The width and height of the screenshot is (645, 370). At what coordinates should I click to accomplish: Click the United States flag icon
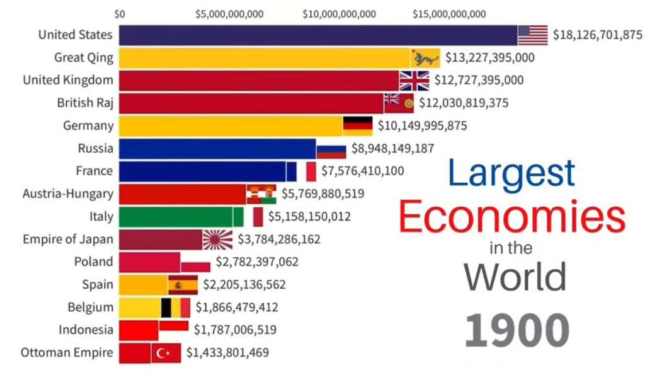click(532, 35)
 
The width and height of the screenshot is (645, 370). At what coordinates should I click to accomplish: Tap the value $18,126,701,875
click(597, 35)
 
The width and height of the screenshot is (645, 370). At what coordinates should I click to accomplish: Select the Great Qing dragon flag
click(425, 58)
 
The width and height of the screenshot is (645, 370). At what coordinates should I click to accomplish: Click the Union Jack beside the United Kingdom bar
click(414, 81)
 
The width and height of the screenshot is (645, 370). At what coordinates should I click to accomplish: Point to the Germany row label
click(88, 125)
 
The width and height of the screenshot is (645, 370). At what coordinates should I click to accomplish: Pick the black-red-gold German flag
click(357, 125)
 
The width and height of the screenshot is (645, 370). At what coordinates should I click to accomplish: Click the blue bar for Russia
click(217, 149)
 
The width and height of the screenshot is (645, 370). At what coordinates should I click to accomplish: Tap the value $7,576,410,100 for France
click(362, 171)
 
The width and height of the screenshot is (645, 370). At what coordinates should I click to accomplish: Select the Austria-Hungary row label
click(68, 194)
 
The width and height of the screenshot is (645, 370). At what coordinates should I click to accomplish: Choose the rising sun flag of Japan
click(217, 240)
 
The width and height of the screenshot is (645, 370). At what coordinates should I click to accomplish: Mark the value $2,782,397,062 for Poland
click(257, 262)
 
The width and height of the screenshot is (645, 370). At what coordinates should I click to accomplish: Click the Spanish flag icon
click(183, 285)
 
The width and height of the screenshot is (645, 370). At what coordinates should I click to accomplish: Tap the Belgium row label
click(91, 308)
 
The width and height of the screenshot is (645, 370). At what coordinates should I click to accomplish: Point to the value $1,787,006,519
click(235, 330)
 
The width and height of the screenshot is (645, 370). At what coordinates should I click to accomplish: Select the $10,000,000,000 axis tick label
click(339, 14)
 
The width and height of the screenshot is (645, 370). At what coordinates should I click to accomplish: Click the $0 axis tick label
click(120, 14)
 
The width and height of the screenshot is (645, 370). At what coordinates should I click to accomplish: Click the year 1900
click(517, 330)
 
